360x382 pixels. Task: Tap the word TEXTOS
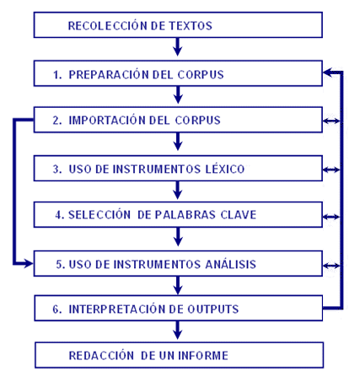pyautogui.click(x=191, y=25)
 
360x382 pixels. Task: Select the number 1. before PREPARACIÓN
pyautogui.click(x=57, y=75)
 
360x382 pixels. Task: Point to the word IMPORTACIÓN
pyautogui.click(x=107, y=120)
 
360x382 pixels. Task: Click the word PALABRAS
pyautogui.click(x=185, y=215)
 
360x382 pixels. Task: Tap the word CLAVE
pyautogui.click(x=239, y=215)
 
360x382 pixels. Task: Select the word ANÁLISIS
pyautogui.click(x=231, y=264)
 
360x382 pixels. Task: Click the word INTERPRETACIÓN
pyautogui.click(x=118, y=309)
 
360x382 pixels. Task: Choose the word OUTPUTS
pyautogui.click(x=213, y=309)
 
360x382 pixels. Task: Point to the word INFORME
pyautogui.click(x=203, y=356)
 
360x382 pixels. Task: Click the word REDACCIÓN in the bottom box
pyautogui.click(x=101, y=355)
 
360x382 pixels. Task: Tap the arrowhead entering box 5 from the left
pyautogui.click(x=29, y=264)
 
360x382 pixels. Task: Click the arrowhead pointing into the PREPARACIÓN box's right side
pyautogui.click(x=328, y=73)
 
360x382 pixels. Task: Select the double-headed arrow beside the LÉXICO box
pyautogui.click(x=331, y=169)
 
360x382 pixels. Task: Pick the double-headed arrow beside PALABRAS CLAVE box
pyautogui.click(x=331, y=217)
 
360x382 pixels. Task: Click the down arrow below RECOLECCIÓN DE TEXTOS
pyautogui.click(x=178, y=47)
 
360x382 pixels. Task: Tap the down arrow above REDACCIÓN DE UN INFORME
pyautogui.click(x=178, y=331)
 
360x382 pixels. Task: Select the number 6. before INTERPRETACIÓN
pyautogui.click(x=57, y=309)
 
